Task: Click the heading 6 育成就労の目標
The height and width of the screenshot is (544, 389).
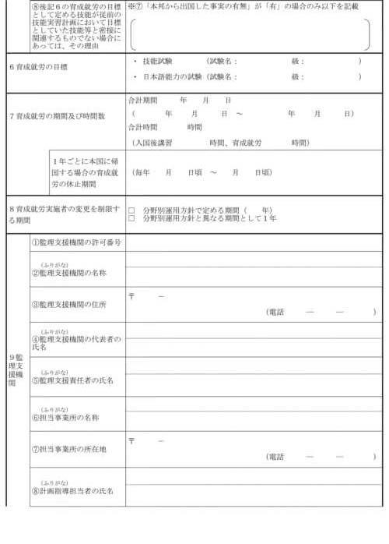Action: [38, 67]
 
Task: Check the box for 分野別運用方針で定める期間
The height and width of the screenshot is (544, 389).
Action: [131, 210]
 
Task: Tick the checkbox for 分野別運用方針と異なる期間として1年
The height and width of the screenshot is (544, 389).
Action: [131, 218]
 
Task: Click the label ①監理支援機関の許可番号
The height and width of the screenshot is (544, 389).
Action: [76, 242]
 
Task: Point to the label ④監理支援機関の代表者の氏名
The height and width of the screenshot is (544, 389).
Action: [75, 342]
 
